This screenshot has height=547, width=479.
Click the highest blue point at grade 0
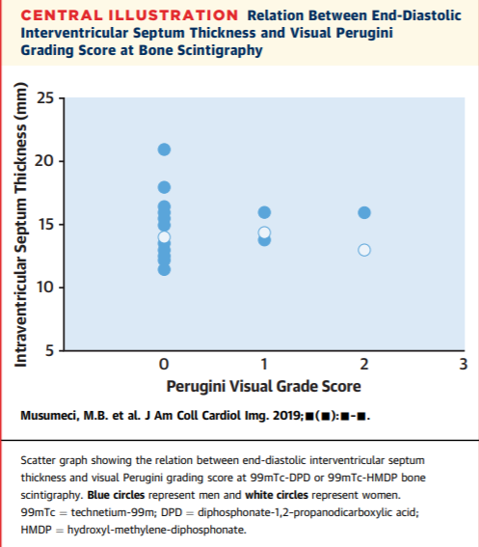point(164,149)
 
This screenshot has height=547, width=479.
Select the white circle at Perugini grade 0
point(164,237)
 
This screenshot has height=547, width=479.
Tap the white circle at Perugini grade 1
point(264,232)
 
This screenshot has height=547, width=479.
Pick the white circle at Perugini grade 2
point(364,250)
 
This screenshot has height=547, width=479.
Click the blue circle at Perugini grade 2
point(364,212)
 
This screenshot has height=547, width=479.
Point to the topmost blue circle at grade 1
point(264,212)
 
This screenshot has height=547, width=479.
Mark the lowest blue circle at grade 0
point(164,269)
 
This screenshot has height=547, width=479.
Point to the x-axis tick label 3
point(464,365)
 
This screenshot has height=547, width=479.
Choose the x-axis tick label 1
point(264,365)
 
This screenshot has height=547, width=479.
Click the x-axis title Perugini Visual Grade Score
point(264,387)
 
